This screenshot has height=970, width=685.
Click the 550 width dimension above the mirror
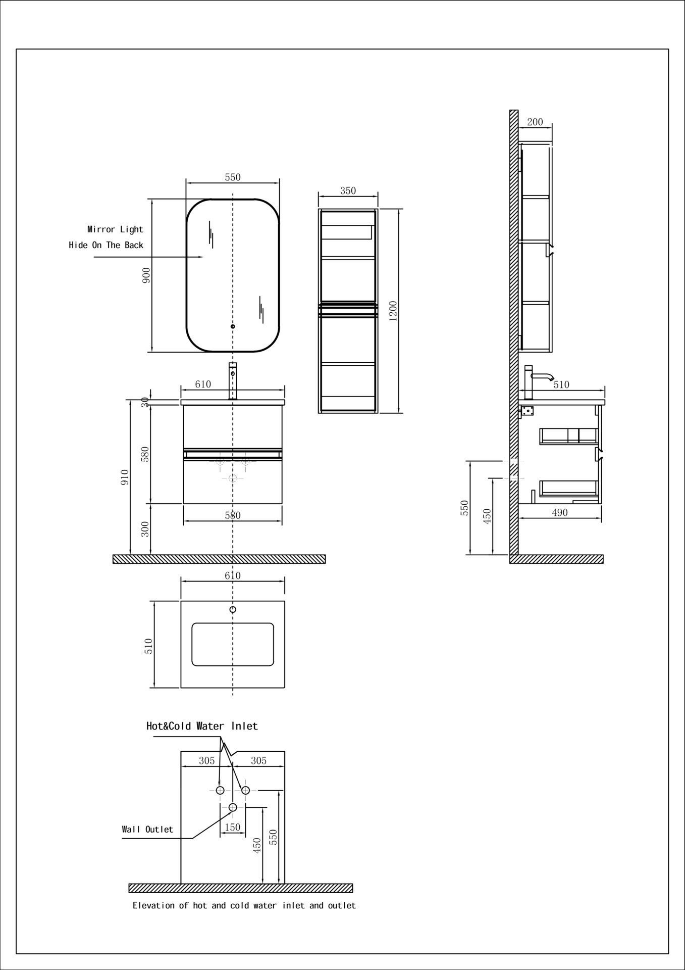click(233, 177)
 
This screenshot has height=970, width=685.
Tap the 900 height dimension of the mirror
click(146, 275)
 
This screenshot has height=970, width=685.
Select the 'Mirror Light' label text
click(115, 229)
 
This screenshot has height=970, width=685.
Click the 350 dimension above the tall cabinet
click(348, 190)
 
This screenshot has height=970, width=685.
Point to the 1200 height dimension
click(394, 310)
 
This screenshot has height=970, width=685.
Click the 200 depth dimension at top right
click(535, 122)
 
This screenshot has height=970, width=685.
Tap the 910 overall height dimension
click(125, 477)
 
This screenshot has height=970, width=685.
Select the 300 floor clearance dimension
click(145, 529)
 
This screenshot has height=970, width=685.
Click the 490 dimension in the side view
click(560, 512)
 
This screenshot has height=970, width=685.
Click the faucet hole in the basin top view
click(233, 610)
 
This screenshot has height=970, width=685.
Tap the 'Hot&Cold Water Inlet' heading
click(202, 726)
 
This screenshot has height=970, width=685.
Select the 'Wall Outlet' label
click(147, 829)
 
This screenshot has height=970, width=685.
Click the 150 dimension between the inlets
click(232, 827)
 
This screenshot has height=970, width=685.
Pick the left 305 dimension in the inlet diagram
click(206, 760)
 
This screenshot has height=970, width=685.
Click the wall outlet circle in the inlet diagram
click(233, 807)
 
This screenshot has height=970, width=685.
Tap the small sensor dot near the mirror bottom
click(233, 326)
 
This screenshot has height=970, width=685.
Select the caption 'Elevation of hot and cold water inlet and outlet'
click(244, 905)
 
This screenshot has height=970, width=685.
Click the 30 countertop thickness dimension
click(145, 402)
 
